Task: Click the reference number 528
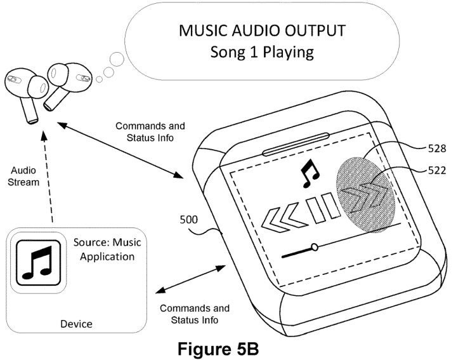coord(437,148)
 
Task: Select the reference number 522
coord(437,170)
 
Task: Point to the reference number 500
coord(189,220)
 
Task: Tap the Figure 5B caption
coord(218,349)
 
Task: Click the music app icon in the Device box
coord(39,263)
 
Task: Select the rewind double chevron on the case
coord(283,219)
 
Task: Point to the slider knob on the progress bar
coord(315,247)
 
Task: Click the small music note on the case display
coord(310,173)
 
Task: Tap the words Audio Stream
coord(23,176)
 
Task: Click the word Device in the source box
coord(76,324)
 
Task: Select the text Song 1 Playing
coord(262,52)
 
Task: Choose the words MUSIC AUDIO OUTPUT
coord(262,30)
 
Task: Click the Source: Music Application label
coord(107,249)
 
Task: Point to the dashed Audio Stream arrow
coord(48,177)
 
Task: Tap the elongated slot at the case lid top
coord(296,144)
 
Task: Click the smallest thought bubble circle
coord(99,79)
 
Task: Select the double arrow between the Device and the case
coord(190,279)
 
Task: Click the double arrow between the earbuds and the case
coord(120,150)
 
